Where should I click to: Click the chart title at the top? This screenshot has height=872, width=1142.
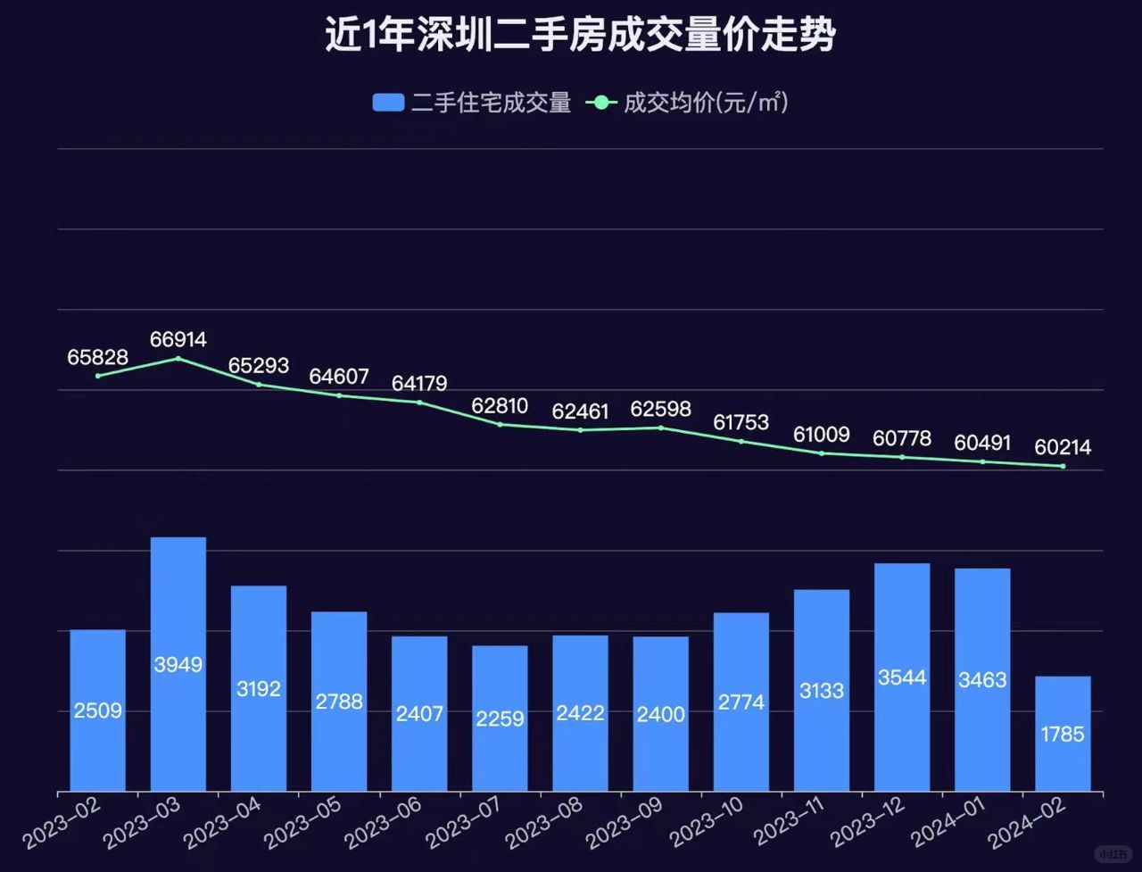tap(580, 37)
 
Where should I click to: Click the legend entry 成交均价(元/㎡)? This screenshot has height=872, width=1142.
tap(687, 103)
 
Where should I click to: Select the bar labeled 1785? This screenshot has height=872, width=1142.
tap(1063, 734)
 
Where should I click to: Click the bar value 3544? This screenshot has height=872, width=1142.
tap(902, 677)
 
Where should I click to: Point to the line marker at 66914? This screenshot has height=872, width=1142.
tap(178, 359)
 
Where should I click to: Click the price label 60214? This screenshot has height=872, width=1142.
tap(1063, 447)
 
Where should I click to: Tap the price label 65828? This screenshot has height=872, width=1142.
tap(98, 357)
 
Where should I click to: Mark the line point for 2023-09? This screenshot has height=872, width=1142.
tap(661, 428)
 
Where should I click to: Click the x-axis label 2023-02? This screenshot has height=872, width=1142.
tap(62, 823)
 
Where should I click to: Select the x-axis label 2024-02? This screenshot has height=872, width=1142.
tap(1028, 823)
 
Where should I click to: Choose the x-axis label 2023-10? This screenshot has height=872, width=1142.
tap(706, 823)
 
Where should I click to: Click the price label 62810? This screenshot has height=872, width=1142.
tap(500, 407)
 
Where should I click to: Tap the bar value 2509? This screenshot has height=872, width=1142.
tap(98, 711)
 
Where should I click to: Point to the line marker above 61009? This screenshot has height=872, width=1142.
tap(822, 453)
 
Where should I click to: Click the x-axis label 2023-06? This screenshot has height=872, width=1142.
tap(384, 823)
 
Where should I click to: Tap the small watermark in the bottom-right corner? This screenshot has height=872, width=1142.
tap(1112, 853)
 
